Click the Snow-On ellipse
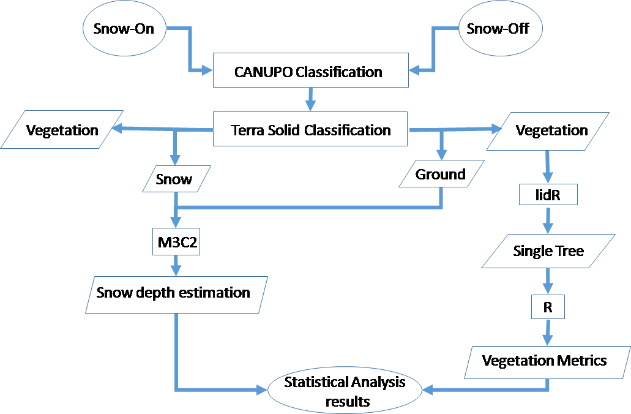[x=124, y=29]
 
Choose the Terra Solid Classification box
[x=310, y=129]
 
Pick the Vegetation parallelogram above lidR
[x=551, y=130]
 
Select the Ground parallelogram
[x=441, y=174]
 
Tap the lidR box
[x=548, y=195]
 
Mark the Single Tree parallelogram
[x=548, y=250]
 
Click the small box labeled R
[x=548, y=307]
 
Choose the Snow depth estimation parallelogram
[x=173, y=292]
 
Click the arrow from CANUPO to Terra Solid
[x=310, y=98]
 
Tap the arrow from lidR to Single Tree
[x=548, y=219]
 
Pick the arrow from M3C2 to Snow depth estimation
[x=176, y=266]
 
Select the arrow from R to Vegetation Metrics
[x=547, y=333]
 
